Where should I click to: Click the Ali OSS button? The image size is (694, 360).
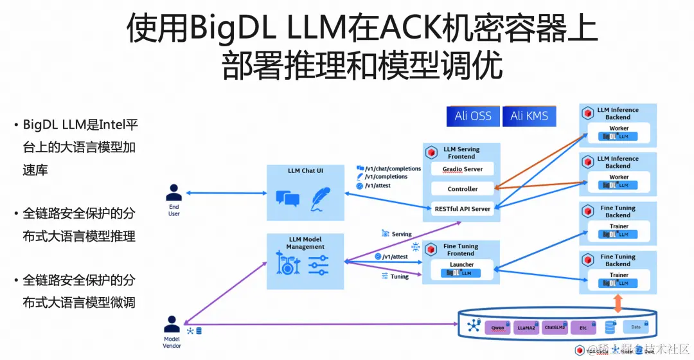(x=473, y=116)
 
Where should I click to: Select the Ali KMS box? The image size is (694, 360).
(x=529, y=116)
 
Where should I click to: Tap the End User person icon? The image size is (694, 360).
(x=173, y=192)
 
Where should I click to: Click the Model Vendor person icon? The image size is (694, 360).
(x=172, y=323)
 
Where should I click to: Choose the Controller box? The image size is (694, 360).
(x=463, y=189)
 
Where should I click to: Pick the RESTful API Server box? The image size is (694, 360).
(x=463, y=208)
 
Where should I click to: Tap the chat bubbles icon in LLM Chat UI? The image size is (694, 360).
(x=287, y=198)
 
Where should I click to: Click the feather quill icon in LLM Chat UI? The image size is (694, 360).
(x=321, y=199)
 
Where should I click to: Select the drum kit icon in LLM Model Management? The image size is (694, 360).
(x=289, y=264)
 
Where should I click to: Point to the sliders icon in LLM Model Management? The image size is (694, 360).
(x=318, y=264)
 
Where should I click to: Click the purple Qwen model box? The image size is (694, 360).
(x=497, y=327)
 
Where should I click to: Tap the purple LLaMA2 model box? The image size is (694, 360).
(x=526, y=327)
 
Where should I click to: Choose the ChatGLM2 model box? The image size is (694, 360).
(x=555, y=327)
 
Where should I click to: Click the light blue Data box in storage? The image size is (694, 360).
(x=636, y=327)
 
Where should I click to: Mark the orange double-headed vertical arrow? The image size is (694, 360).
(x=618, y=303)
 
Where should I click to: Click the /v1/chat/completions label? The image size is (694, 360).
(x=393, y=168)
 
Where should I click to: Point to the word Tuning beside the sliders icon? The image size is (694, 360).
(x=400, y=276)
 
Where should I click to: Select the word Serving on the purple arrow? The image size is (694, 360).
(x=402, y=234)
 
